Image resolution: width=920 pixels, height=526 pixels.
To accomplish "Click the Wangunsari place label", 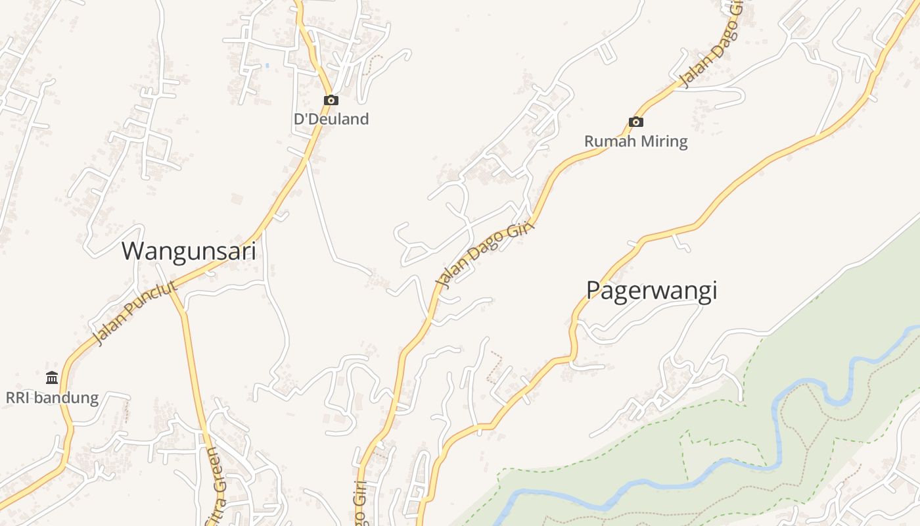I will click(x=189, y=251).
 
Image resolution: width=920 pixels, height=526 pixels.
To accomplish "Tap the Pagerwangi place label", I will click(x=651, y=290).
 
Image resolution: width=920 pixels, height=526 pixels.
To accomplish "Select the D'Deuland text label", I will click(x=331, y=119).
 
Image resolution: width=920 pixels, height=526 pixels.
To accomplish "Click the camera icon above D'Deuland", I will click(x=331, y=100).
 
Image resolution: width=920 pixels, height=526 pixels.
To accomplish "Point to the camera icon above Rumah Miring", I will click(x=635, y=122).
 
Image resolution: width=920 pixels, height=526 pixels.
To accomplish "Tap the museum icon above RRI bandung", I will click(x=52, y=377).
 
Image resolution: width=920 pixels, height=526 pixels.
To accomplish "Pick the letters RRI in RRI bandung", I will click(x=18, y=398).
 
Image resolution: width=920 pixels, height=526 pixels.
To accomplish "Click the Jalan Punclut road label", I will click(x=135, y=313).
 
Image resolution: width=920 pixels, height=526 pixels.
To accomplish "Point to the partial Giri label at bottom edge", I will click(x=359, y=503).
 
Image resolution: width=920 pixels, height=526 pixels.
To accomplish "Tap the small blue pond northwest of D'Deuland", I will click(x=267, y=66).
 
